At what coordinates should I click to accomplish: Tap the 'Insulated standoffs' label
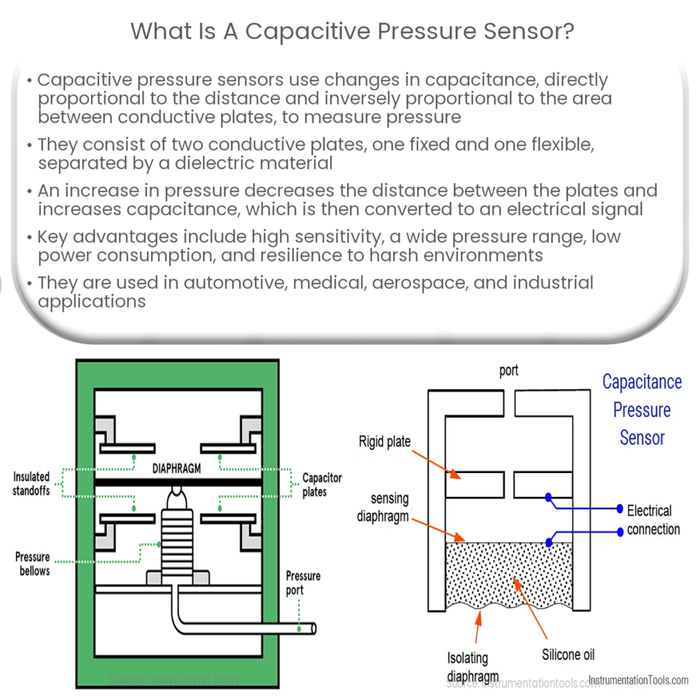point(31,483)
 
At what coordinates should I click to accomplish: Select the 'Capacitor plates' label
point(322,485)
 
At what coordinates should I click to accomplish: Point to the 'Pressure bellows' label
point(33,563)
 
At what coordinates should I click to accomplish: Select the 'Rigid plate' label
point(384,442)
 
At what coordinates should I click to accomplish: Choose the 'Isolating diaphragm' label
point(468,666)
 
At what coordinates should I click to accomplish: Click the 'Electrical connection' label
point(653,520)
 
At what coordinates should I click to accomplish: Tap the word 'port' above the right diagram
point(509,371)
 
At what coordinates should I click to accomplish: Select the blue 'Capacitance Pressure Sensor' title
point(641,409)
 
